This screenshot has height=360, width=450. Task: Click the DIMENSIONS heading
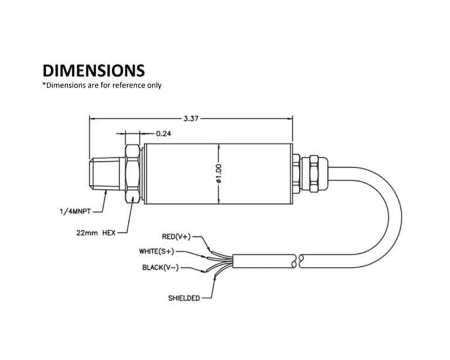point(93,70)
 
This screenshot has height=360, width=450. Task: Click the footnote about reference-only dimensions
point(101,86)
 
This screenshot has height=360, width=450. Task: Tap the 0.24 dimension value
point(163,134)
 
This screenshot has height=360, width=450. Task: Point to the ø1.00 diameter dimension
point(218,174)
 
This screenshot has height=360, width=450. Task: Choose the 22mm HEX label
point(96,232)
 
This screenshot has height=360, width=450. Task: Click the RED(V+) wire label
point(176,237)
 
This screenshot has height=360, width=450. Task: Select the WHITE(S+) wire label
point(157,252)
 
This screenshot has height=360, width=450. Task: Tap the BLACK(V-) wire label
point(161,268)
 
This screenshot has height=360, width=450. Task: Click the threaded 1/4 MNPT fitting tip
point(106,174)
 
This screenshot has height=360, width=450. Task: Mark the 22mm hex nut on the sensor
point(132,174)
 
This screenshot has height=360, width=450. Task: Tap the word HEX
point(109,232)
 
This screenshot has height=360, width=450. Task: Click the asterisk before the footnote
point(43,85)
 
